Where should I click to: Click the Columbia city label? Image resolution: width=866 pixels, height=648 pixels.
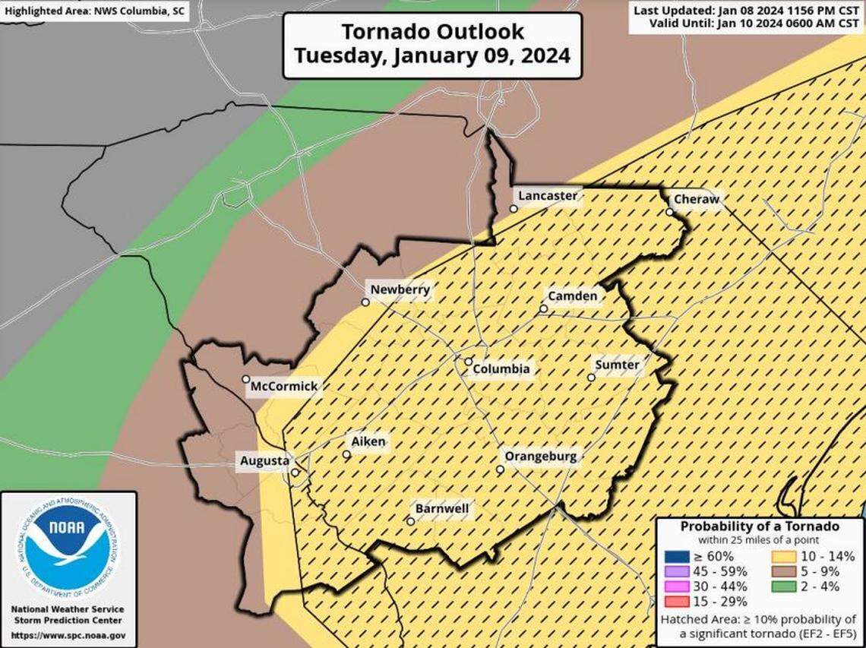pos(501,369)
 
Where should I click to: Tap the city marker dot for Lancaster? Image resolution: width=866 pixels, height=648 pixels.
pos(514,208)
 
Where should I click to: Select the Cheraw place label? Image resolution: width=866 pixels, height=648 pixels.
pos(694,199)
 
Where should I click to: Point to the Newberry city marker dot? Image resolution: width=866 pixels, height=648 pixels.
pos(365,302)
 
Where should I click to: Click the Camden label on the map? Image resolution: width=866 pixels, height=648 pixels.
pos(572,296)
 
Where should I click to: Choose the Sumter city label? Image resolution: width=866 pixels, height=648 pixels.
pos(616,365)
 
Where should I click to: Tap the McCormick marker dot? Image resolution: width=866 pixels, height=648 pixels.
pos(246,379)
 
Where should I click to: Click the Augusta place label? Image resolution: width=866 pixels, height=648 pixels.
pos(264,460)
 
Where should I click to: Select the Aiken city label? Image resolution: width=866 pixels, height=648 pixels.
pos(368,441)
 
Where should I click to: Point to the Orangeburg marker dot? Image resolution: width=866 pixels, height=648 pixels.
pos(500,469)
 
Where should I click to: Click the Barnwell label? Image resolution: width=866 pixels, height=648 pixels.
pos(441,508)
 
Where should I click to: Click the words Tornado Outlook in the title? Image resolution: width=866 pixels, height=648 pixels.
pos(431,31)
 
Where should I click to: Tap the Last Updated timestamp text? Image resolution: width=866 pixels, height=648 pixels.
pos(746,10)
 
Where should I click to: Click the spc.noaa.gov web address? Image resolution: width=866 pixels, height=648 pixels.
pos(68,635)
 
